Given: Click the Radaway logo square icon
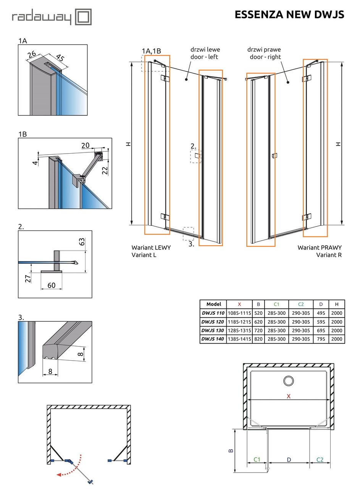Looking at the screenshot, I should (83, 17).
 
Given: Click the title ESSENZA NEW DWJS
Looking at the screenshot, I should (289, 15).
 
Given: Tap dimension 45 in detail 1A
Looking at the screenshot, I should (60, 58).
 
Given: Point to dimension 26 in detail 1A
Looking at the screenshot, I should (32, 55).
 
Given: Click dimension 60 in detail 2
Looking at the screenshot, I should (52, 285).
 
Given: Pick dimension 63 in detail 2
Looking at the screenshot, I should (82, 242).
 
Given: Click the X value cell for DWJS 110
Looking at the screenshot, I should (239, 313).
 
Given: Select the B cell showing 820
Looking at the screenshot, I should (258, 339).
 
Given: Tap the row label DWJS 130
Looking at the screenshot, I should (213, 330).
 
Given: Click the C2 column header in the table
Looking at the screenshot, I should (301, 304).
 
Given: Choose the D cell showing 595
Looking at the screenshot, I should (321, 322).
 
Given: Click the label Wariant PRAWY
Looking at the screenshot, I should (320, 248).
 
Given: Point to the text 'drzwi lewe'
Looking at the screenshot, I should (205, 50).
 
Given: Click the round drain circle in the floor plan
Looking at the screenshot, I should (288, 381).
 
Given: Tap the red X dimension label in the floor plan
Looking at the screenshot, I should (289, 396).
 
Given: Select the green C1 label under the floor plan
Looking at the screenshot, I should (257, 459).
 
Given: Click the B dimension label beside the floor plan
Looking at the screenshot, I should (231, 450).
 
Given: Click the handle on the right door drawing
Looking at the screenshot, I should (274, 155).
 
